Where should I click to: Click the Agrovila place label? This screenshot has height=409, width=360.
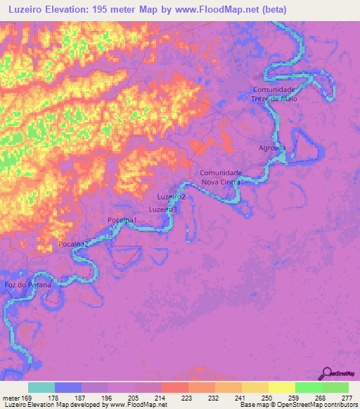coord(272,148)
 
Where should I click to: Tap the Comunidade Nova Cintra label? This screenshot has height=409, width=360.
coord(221,177)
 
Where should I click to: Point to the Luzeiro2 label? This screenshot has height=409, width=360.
coord(172,197)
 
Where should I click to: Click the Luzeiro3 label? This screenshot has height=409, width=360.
coord(163,209)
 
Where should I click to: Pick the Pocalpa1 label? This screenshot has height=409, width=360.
coord(122,221)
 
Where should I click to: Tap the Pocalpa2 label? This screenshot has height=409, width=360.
coord(73,243)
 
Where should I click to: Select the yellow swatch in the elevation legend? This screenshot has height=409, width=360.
coord(281,387)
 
